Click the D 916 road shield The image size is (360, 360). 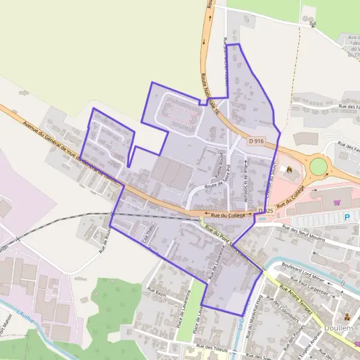[x=256, y=141]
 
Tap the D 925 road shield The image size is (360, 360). [x=266, y=211]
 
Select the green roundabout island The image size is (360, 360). [x=318, y=165]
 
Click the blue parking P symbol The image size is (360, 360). [x=346, y=217]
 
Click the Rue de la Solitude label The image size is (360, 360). [x=246, y=175]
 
